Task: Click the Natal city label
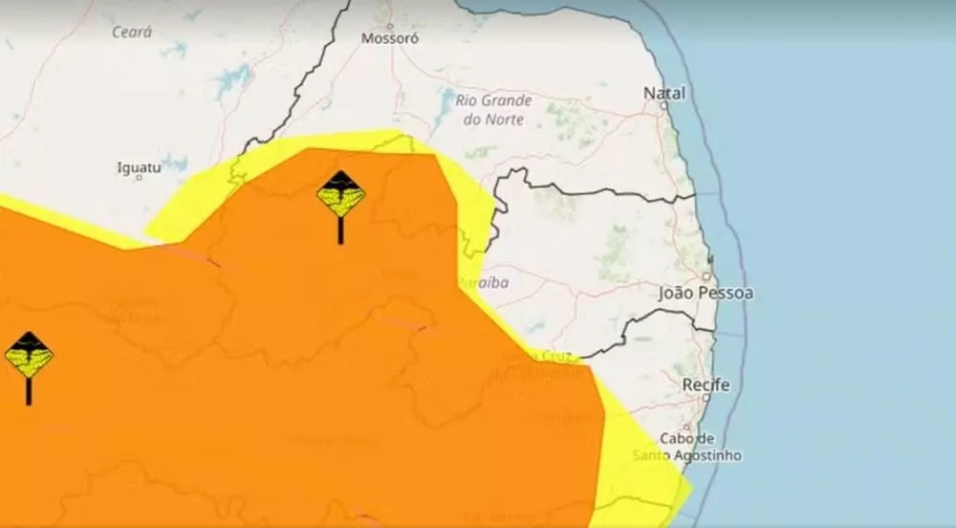pos(665,93)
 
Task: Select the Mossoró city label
pos(389,39)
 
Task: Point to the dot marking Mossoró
pos(389,26)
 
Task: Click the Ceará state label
pos(132,33)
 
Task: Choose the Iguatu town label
pos(139,167)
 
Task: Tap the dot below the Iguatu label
pos(140,179)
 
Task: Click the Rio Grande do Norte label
pos(493,109)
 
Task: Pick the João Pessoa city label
pos(706,293)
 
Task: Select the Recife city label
pos(706,385)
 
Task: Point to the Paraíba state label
pos(483,282)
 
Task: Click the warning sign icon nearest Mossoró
pos(340,199)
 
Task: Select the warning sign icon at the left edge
pos(28,359)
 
